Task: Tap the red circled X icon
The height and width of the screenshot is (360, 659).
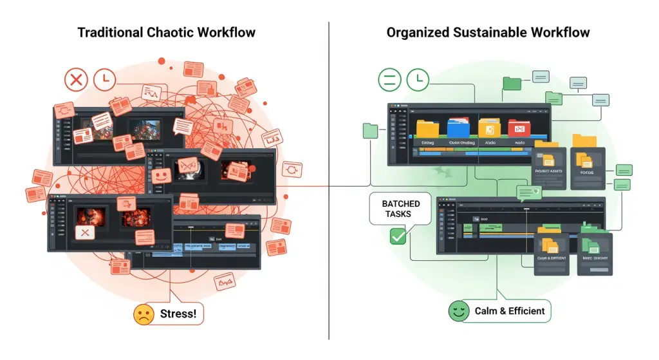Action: pos(76,81)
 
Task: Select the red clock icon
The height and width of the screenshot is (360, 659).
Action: pos(104,80)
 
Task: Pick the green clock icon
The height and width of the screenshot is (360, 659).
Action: pos(418,80)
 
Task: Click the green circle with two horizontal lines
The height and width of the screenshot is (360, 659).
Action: pos(389,81)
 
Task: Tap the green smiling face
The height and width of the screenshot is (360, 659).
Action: pos(458,312)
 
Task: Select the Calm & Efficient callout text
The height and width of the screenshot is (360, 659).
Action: pos(510,311)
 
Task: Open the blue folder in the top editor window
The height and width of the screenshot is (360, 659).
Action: pos(458,127)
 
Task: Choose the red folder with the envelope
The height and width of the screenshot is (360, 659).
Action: pos(519,128)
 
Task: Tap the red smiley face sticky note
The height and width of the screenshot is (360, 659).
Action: pos(162,175)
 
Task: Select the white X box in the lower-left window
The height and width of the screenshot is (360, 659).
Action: pos(83,232)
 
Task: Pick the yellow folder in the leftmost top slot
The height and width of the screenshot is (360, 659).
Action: pos(427,128)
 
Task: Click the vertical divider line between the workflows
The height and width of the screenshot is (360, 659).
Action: pos(329,258)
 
